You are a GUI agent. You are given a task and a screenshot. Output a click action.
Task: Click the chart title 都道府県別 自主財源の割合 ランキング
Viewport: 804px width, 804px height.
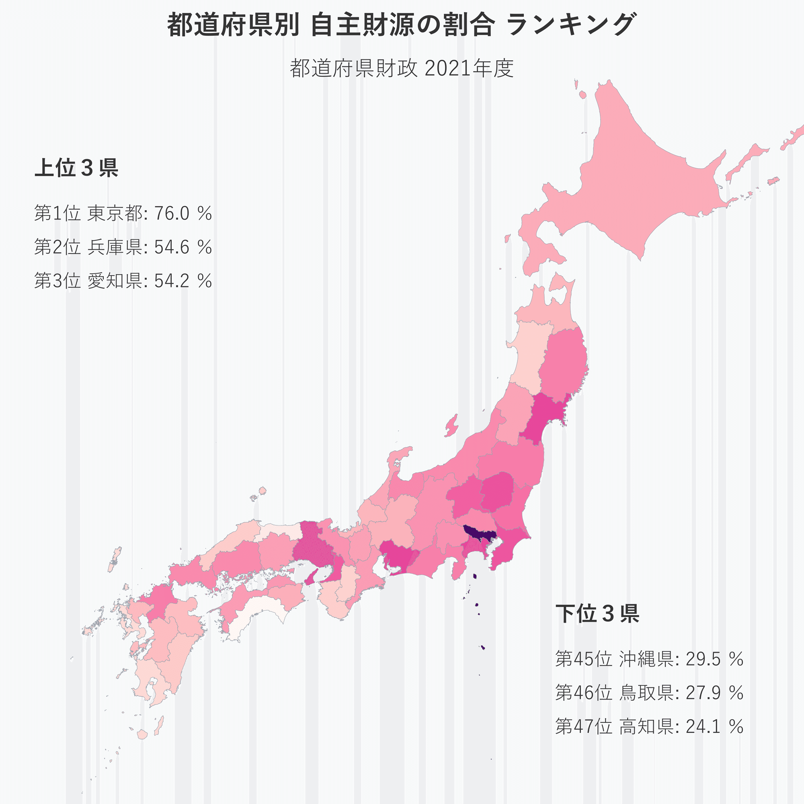pyautogui.click(x=402, y=25)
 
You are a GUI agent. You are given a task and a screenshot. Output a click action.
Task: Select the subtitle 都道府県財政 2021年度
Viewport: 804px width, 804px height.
pyautogui.click(x=402, y=68)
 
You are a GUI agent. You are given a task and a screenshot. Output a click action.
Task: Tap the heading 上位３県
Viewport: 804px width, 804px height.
pyautogui.click(x=76, y=168)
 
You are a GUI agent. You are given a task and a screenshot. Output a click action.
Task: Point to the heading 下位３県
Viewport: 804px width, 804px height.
pyautogui.click(x=597, y=613)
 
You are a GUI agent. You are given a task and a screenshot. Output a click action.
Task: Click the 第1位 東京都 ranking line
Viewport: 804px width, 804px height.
pyautogui.click(x=123, y=213)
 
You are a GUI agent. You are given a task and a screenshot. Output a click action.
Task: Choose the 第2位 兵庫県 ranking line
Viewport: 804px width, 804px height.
pyautogui.click(x=123, y=247)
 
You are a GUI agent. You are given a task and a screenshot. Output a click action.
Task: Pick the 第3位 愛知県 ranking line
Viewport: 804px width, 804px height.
pyautogui.click(x=123, y=281)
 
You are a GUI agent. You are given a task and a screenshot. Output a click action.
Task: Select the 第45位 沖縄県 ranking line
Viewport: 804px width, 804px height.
pyautogui.click(x=649, y=659)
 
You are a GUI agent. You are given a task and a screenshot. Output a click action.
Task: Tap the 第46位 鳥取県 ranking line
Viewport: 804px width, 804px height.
pyautogui.click(x=649, y=693)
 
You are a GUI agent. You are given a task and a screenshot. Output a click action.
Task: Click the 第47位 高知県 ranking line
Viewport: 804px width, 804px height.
pyautogui.click(x=649, y=726)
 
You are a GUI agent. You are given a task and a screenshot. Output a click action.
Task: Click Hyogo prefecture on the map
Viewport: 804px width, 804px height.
pyautogui.click(x=310, y=549)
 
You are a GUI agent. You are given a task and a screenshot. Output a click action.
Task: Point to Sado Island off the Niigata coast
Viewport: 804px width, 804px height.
pyautogui.click(x=451, y=425)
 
